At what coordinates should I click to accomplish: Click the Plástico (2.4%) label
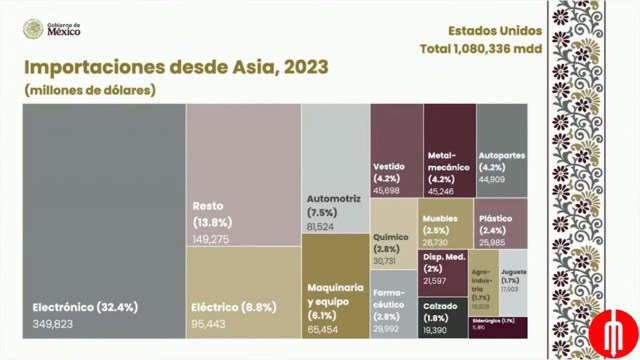click(x=496, y=222)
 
